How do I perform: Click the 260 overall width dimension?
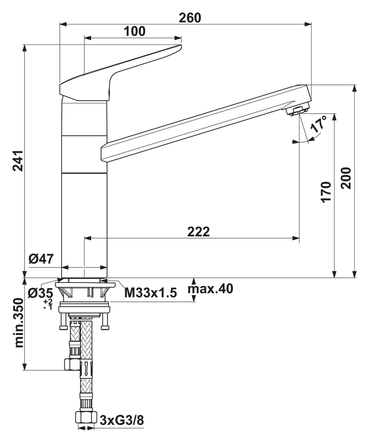pos(190,18)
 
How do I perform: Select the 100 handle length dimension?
pos(135,31)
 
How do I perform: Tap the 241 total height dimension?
pos(18,161)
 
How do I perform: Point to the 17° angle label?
pos(319,124)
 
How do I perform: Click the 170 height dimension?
pos(326,192)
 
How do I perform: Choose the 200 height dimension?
pos(346,178)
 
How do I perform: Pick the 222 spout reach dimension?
pos(198,232)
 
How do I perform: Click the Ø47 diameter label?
pos(41,259)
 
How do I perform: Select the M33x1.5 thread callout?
pos(151,293)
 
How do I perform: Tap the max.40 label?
pos(210,289)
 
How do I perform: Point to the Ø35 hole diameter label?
pos(40,293)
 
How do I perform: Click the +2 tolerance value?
pos(48,301)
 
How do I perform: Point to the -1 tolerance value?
pos(48,307)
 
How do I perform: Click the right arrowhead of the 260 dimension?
pos(308,24)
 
